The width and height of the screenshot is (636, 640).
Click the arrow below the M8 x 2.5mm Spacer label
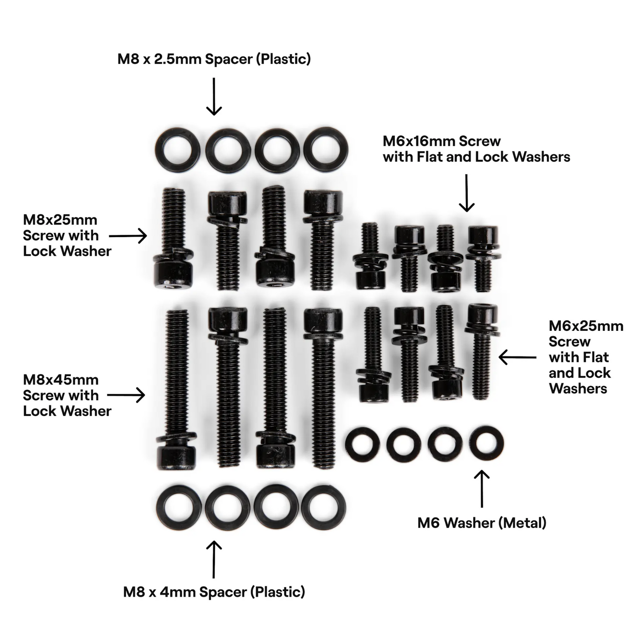tap(214, 96)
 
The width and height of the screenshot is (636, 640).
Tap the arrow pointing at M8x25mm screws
tap(128, 236)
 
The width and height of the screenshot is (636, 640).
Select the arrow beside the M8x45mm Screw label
tap(126, 395)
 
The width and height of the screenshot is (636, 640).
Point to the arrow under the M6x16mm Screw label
tap(467, 193)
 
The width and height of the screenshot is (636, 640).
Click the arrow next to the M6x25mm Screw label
tap(518, 357)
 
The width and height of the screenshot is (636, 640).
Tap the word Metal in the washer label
tap(523, 523)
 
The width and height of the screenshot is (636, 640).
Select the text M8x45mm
tap(60, 380)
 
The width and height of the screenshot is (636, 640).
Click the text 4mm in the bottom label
tap(177, 592)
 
